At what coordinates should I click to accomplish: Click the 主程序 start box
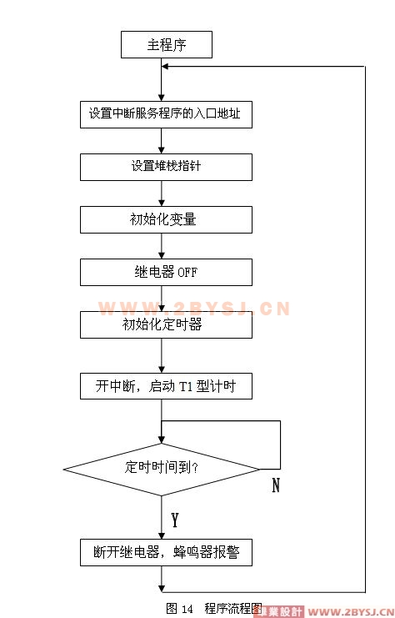[166, 44]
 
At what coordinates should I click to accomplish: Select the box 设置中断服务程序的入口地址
[166, 114]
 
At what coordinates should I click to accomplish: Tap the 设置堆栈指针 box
[166, 167]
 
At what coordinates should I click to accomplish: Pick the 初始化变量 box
[166, 219]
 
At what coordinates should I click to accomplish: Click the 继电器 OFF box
[166, 272]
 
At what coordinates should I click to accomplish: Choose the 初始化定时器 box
[166, 324]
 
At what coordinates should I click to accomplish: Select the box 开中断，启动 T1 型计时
[166, 386]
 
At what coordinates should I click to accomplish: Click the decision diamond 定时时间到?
[162, 470]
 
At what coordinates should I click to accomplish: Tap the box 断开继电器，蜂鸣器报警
[166, 553]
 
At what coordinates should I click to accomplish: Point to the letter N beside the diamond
[276, 485]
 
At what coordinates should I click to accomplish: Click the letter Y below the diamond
[175, 520]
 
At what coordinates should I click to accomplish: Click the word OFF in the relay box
[187, 273]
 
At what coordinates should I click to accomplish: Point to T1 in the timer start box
[186, 387]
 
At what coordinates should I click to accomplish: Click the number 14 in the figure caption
[187, 609]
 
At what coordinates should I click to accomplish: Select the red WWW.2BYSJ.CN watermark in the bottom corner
[351, 612]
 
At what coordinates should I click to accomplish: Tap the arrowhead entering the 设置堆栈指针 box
[162, 150]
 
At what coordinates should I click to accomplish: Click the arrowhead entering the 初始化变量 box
[162, 203]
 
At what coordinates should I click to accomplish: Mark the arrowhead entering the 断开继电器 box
[162, 535]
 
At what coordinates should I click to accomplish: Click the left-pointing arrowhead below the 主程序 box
[165, 66]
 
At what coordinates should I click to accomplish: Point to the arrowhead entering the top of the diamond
[162, 440]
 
